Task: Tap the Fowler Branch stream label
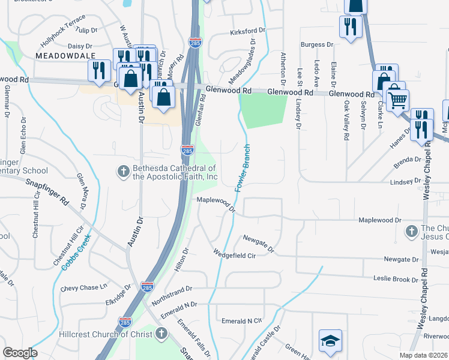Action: coord(242,169)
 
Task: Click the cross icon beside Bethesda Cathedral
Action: coord(123,172)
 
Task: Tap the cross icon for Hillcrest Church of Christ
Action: coord(161,334)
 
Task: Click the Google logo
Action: coord(20,353)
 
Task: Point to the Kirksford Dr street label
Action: coord(247,31)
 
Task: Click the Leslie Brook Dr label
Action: coord(396,280)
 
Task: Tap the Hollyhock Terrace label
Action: coord(63,22)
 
